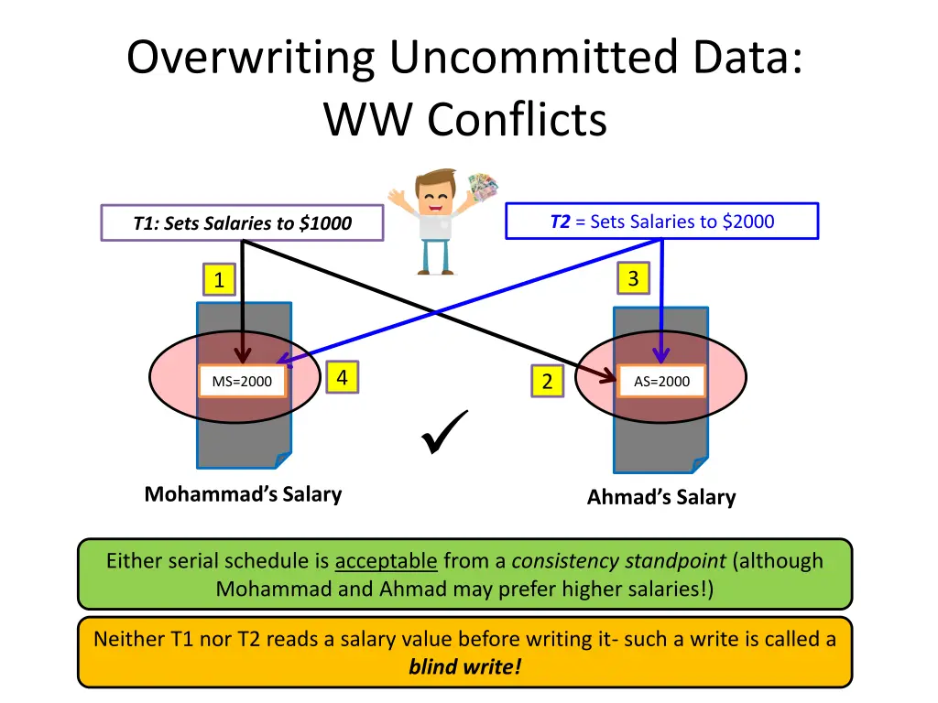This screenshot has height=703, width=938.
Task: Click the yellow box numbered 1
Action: tap(218, 280)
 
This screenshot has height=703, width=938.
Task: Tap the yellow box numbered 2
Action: tap(547, 382)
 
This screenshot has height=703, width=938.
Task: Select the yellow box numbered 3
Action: tap(633, 278)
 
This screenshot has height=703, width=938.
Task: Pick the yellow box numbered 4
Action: tap(342, 377)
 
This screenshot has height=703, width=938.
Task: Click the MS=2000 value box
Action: tap(242, 382)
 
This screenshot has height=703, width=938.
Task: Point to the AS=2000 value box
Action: tap(661, 382)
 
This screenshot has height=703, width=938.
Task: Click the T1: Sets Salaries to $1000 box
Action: tap(242, 223)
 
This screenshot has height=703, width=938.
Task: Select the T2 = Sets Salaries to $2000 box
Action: tap(661, 222)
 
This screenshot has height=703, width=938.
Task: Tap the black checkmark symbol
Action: tap(445, 433)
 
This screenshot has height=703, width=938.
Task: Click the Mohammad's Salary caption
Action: tap(243, 494)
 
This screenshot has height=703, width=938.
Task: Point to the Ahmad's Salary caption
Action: tap(660, 497)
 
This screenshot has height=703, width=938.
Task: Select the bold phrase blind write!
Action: tap(464, 665)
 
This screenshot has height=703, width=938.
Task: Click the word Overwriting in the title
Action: tap(251, 59)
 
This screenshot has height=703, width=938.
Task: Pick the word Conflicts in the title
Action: tap(517, 120)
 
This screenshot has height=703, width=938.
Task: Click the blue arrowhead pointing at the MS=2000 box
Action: tap(283, 360)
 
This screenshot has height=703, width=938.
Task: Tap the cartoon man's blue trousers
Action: tap(437, 256)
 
